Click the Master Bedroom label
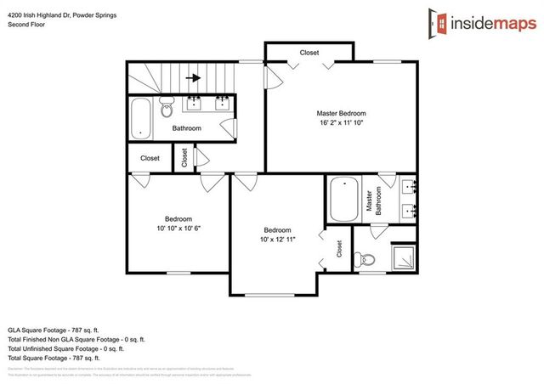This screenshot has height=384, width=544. [x=341, y=113]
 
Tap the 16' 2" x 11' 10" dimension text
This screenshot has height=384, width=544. [x=341, y=124]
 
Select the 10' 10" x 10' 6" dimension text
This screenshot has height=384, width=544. [x=178, y=228]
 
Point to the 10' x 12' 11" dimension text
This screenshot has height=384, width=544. [x=277, y=240]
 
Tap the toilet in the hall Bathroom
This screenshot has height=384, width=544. [x=167, y=110]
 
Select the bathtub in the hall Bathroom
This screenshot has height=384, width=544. [x=141, y=119]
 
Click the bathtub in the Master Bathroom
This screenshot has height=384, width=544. [x=344, y=200]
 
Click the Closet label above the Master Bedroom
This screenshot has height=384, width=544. [x=309, y=53]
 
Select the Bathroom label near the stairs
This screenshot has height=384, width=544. [x=186, y=128]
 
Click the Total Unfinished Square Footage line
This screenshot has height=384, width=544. [x=65, y=347]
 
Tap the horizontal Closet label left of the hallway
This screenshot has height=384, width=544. [x=150, y=158]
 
